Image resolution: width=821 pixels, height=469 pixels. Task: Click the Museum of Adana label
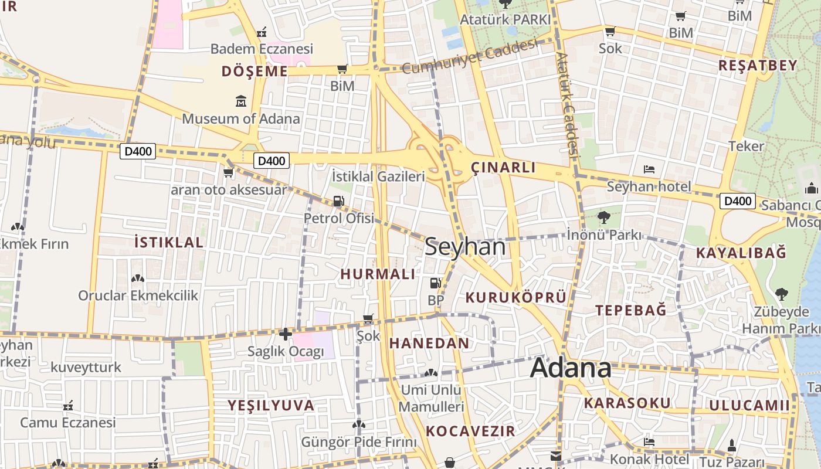(240, 118)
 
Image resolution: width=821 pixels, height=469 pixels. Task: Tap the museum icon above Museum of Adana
(241, 102)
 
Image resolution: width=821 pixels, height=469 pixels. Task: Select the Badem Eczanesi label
(262, 49)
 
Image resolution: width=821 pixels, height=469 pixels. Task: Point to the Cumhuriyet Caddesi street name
(470, 57)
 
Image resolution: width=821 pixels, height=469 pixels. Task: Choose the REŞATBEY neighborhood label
(758, 65)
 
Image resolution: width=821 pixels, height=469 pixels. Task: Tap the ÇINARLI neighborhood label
(503, 168)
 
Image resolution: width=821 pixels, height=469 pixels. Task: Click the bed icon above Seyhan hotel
(649, 169)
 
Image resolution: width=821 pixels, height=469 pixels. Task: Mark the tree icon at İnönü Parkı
(603, 217)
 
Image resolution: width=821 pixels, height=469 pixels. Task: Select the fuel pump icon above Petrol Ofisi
(338, 201)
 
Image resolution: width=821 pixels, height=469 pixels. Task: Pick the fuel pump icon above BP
(435, 283)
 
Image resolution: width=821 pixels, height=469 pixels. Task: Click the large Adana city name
(571, 368)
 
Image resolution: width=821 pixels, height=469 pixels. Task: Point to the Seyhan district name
(465, 247)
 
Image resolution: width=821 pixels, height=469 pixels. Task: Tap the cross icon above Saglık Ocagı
(285, 334)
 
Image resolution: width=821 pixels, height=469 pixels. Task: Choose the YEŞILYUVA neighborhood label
(271, 405)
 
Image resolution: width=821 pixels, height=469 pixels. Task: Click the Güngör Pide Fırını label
(359, 441)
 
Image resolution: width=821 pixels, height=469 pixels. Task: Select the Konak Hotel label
(649, 458)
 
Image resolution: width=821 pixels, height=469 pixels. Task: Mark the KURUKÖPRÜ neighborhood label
(516, 298)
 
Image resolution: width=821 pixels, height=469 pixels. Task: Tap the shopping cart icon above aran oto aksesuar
(229, 172)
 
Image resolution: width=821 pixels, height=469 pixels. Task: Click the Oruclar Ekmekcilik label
(138, 295)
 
